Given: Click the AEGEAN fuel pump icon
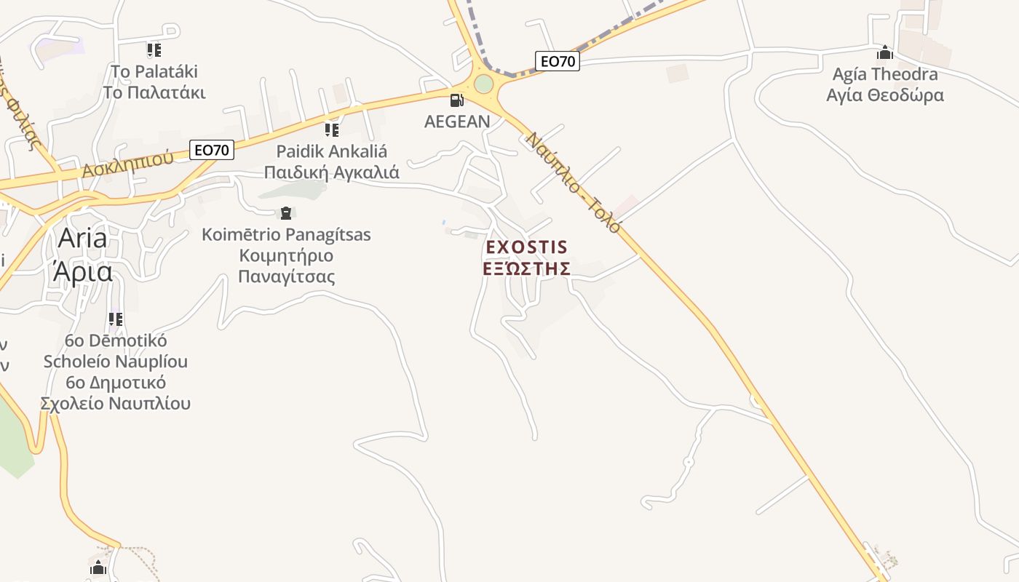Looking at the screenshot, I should click(457, 100).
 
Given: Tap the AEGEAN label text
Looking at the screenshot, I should click(457, 121).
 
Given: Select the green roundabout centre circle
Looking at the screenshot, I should click(483, 84).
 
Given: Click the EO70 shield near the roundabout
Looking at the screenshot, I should click(558, 62).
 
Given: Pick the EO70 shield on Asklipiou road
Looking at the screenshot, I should click(212, 151).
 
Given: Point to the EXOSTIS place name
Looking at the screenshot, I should click(526, 247).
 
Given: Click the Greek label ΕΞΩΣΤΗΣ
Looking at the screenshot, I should click(526, 268).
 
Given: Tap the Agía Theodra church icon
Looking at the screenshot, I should click(885, 52).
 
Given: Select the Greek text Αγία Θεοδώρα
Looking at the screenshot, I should click(885, 95).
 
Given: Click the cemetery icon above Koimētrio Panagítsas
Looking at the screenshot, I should click(285, 213).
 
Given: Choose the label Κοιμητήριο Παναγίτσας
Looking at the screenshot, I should click(286, 266).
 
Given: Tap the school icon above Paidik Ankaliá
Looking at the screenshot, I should click(332, 130).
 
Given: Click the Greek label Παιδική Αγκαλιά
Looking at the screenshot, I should click(331, 173).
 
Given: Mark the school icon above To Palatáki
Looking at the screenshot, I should click(154, 50).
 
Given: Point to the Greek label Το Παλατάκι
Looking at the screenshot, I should click(154, 93).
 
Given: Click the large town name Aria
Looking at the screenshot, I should click(82, 238).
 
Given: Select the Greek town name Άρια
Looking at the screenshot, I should click(82, 271).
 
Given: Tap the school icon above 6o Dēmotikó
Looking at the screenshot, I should click(116, 319).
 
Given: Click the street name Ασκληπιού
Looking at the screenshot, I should click(127, 164).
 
